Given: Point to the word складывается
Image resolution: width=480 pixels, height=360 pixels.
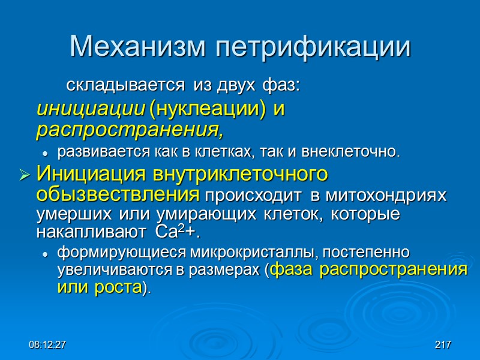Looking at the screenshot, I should click(x=125, y=86).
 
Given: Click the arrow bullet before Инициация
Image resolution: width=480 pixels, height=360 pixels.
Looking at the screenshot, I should click(x=25, y=176).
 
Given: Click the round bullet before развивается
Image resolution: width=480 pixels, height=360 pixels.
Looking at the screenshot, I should click(x=46, y=151).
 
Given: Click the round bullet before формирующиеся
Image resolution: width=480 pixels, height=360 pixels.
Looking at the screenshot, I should click(x=46, y=254).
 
